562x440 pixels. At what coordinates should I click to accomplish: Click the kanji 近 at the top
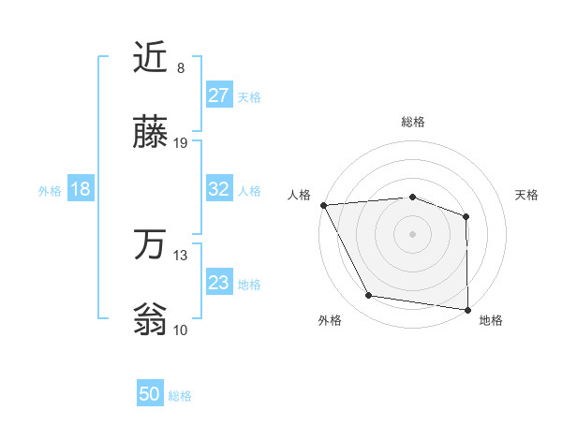click(151, 58)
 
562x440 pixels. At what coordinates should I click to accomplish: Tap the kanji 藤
click(151, 134)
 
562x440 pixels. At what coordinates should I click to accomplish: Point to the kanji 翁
click(151, 320)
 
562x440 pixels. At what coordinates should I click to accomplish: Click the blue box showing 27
click(218, 95)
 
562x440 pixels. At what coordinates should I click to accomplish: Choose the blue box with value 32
click(218, 189)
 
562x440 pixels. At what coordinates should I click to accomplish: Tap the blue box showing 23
click(218, 283)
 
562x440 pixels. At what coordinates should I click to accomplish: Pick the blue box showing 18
click(80, 189)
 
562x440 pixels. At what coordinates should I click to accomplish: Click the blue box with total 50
click(150, 394)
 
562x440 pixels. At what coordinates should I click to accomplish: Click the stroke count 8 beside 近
click(181, 68)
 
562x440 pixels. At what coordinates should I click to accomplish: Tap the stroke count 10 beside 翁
click(181, 330)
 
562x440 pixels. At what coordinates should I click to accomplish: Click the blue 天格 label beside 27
click(249, 97)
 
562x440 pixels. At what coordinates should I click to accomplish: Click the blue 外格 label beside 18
click(50, 191)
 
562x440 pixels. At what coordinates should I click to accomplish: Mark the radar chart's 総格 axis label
click(412, 123)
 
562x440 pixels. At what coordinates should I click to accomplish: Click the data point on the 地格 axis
click(468, 309)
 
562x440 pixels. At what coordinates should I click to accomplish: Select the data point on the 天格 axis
click(466, 216)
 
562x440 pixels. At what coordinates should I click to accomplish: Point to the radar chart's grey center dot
click(412, 233)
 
